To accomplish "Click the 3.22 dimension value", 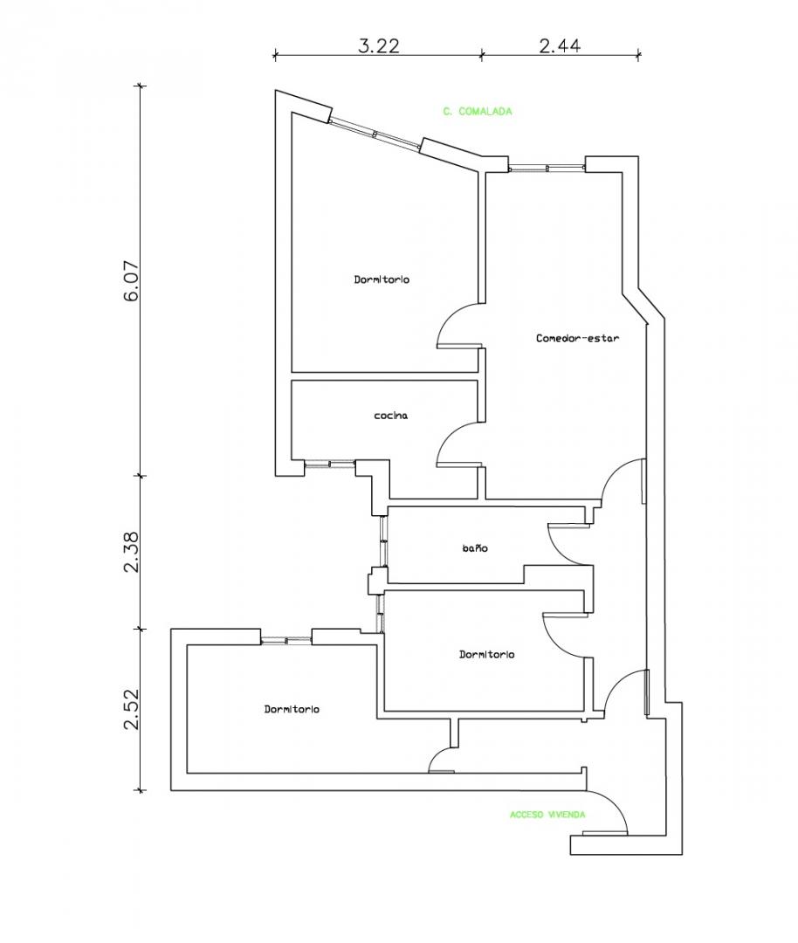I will (379, 46).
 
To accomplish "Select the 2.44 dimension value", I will (560, 46).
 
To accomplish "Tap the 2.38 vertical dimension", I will (131, 552).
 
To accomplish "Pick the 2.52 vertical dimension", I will (131, 710).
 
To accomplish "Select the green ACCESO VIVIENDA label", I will (547, 815).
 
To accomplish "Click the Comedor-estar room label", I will (577, 338).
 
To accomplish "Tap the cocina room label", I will (390, 416).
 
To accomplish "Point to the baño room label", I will (474, 548).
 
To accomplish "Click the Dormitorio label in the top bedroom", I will (382, 279).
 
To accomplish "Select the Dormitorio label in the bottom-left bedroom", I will (292, 709).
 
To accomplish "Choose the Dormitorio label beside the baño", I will (486, 654).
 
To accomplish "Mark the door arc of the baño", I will (561, 546).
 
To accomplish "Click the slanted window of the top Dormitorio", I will (375, 134).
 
